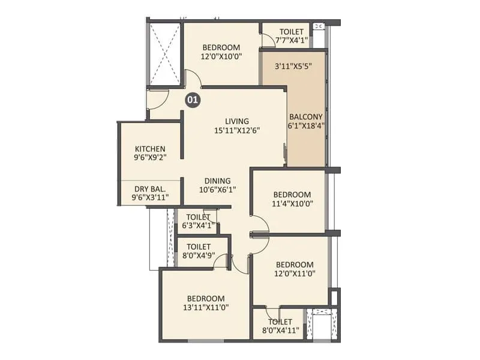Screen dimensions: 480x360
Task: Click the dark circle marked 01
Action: pyautogui.click(x=193, y=100)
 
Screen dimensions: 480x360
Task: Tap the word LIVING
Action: pyautogui.click(x=237, y=121)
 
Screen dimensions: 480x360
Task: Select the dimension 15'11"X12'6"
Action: pyautogui.click(x=237, y=131)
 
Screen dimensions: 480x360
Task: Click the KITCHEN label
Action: pyautogui.click(x=150, y=149)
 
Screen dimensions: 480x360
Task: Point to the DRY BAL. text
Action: pyautogui.click(x=150, y=189)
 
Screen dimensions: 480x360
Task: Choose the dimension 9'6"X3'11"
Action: pyautogui.click(x=151, y=197)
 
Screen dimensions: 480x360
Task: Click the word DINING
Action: pyautogui.click(x=218, y=181)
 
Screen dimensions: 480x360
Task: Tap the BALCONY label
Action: pyautogui.click(x=306, y=117)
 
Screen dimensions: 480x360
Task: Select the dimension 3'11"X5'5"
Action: pyautogui.click(x=293, y=66)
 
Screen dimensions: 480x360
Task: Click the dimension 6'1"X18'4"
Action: pyautogui.click(x=306, y=125)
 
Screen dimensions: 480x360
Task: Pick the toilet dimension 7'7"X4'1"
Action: pyautogui.click(x=292, y=40)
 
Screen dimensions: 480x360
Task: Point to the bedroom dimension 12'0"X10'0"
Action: pyautogui.click(x=221, y=56)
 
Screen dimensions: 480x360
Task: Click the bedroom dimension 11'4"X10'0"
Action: pyautogui.click(x=292, y=203)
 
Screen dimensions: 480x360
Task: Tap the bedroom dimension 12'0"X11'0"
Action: pyautogui.click(x=295, y=274)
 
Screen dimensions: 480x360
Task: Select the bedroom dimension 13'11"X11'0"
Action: pyautogui.click(x=206, y=307)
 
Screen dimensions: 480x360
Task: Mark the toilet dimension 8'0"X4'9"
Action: pyautogui.click(x=199, y=256)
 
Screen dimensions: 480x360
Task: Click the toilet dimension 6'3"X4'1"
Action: pyautogui.click(x=198, y=226)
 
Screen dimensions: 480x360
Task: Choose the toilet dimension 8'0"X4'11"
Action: pyautogui.click(x=280, y=331)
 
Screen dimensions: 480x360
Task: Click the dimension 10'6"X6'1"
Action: pyautogui.click(x=218, y=190)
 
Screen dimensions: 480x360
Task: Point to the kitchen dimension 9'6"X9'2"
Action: pyautogui.click(x=150, y=158)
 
